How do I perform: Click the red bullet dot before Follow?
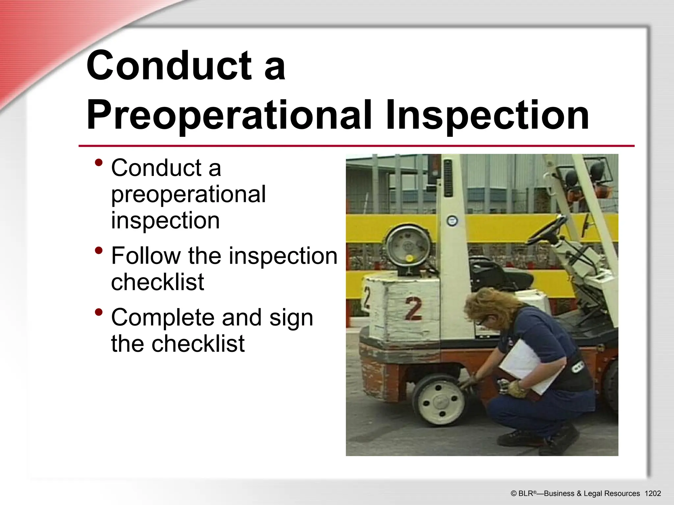pos(98,251)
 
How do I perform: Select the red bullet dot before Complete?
pos(98,312)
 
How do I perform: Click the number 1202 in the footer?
pos(653,493)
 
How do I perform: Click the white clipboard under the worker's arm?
pos(527,365)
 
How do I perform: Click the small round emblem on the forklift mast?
pos(453,221)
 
